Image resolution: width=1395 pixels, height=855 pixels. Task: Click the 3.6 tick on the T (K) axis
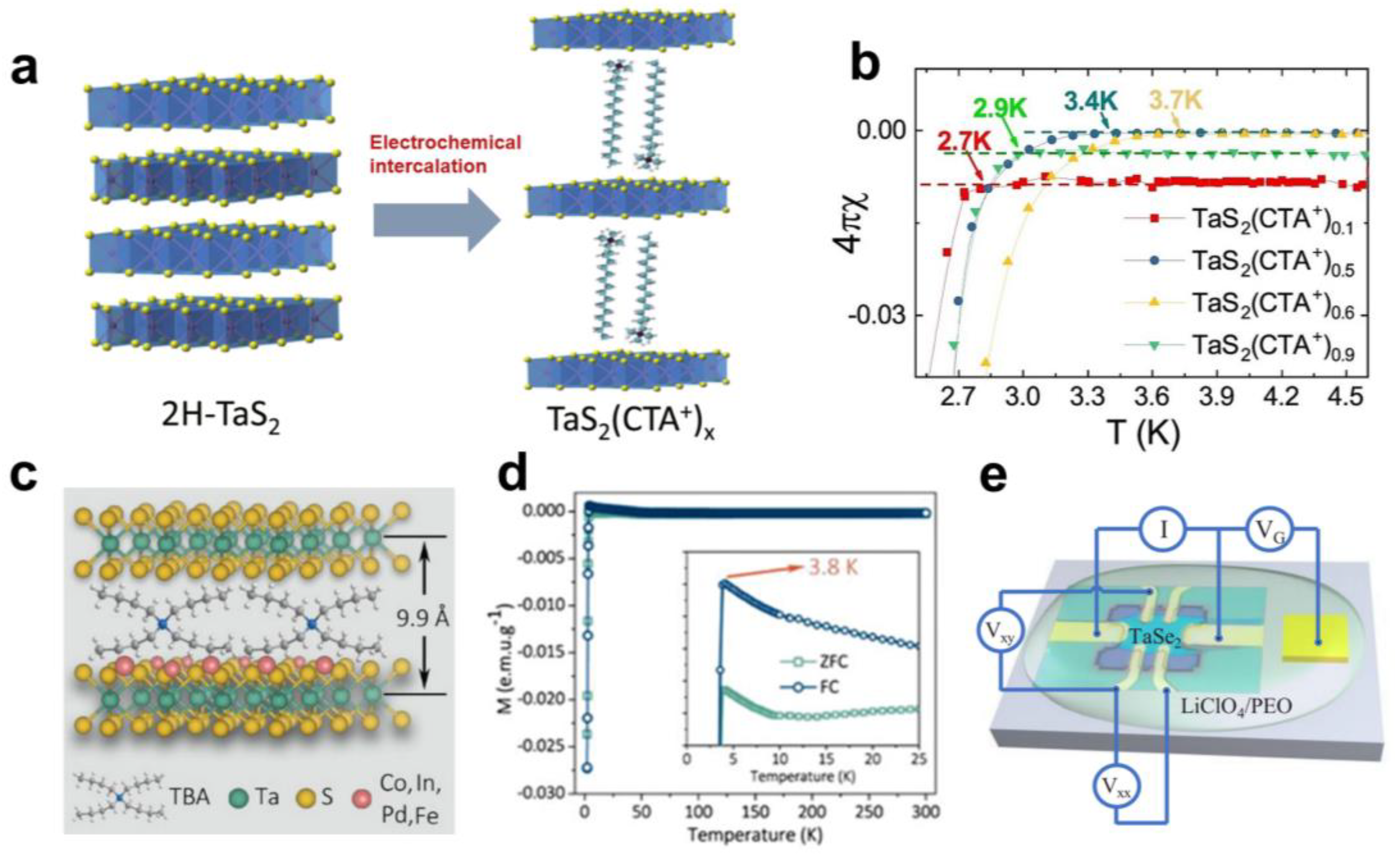pos(1153,397)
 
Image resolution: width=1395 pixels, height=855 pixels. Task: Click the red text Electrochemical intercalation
pos(445,154)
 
